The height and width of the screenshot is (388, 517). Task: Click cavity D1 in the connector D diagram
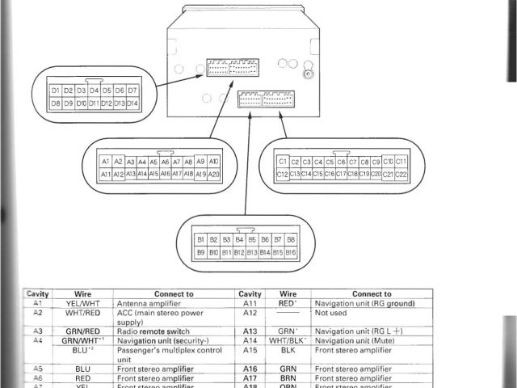point(56,91)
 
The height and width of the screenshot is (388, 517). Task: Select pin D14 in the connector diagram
point(132,103)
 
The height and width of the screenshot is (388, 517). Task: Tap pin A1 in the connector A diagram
point(105,162)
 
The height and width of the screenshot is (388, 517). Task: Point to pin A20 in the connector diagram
point(213,174)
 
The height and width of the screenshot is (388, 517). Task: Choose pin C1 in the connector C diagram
point(283,162)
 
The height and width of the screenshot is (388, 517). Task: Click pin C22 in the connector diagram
point(401,174)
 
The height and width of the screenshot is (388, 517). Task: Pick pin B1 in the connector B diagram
point(201,240)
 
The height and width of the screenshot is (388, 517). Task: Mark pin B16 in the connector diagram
point(291,252)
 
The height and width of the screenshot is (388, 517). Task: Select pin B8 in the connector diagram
point(291,240)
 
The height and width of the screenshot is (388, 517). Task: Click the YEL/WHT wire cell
point(82,304)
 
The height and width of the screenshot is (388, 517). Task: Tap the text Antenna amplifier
point(149,304)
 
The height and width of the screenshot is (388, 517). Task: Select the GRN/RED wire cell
point(82,331)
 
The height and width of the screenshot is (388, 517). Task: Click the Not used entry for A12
point(331,313)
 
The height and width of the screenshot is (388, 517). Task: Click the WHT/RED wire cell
point(82,313)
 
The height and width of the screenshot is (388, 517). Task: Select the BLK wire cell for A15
point(288,350)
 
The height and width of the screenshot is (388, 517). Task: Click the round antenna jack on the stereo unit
point(308,75)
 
